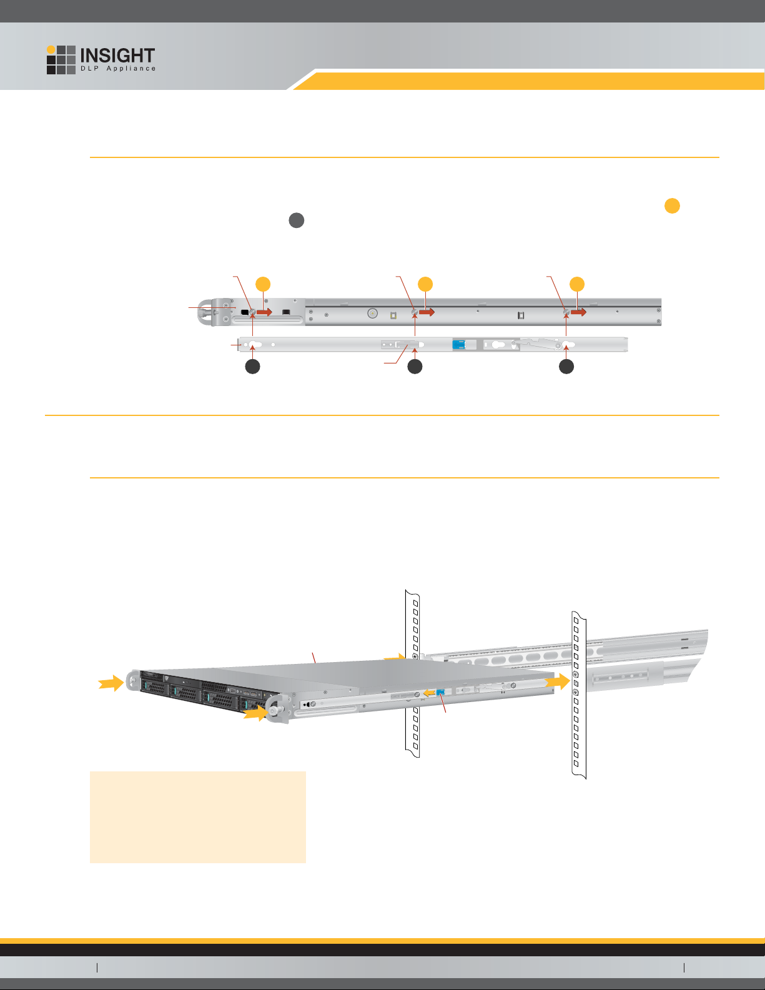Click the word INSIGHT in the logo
click(117, 56)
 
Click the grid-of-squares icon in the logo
click(61, 60)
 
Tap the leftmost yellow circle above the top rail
click(264, 284)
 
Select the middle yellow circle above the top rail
click(425, 284)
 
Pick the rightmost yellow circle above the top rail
click(577, 284)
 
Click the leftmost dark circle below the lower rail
click(252, 367)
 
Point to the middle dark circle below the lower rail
click(415, 367)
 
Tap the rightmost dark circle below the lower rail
click(566, 367)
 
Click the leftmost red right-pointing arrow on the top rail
click(264, 312)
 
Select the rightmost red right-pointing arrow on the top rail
click(578, 312)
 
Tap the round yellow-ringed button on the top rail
click(372, 314)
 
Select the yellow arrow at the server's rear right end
click(558, 682)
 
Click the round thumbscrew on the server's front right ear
click(275, 711)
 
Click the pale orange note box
click(198, 817)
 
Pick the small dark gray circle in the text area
click(297, 220)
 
